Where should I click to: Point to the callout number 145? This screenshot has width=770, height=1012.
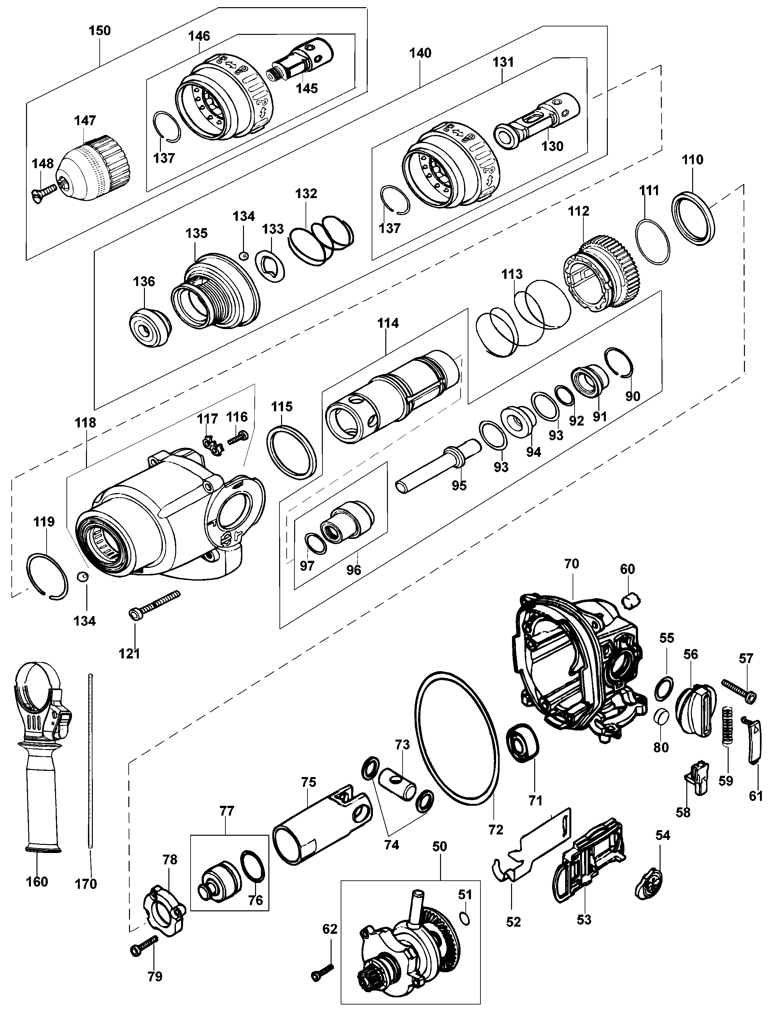click(307, 88)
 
